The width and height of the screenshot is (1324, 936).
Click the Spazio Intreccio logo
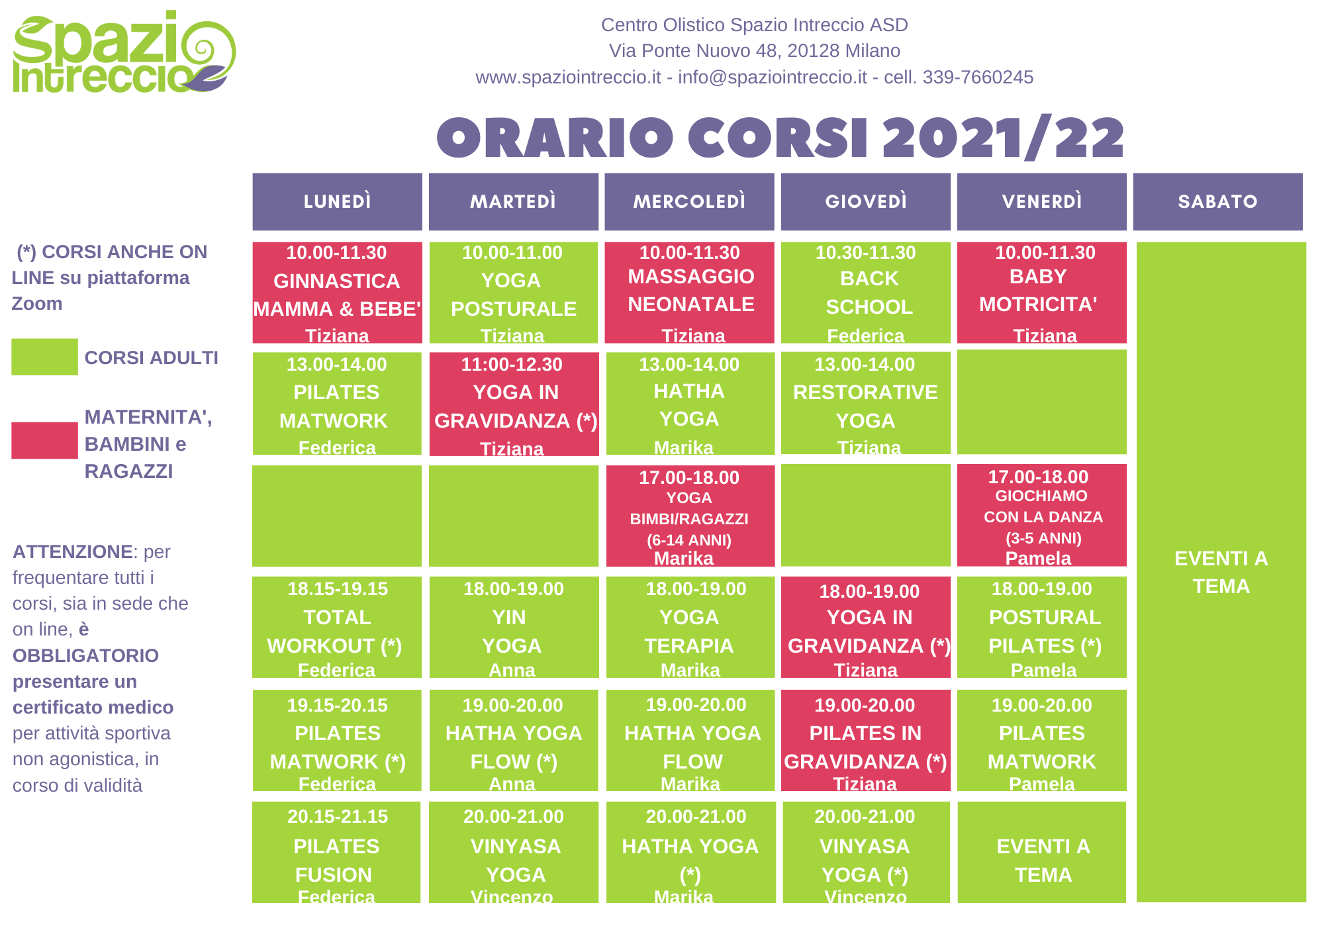tap(124, 52)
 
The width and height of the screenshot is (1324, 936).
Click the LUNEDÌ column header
tap(337, 202)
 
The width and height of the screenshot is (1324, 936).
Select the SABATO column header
tap(1217, 202)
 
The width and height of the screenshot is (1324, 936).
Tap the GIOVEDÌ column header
tap(865, 202)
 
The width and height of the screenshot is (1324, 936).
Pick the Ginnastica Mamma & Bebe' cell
tap(337, 293)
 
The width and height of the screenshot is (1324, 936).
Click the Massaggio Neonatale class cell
tap(689, 293)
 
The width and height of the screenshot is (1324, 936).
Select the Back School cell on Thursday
tap(865, 293)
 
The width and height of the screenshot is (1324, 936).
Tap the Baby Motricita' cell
tap(1042, 293)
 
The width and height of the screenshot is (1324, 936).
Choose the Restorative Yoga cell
tap(865, 403)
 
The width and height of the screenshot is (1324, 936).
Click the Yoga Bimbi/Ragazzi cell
tap(690, 516)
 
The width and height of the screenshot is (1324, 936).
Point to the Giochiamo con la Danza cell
tap(1042, 515)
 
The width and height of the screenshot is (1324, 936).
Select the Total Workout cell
tap(337, 627)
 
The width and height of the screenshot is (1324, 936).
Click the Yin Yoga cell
tap(514, 627)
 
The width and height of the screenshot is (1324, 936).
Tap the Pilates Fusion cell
tap(336, 852)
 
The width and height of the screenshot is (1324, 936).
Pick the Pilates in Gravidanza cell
tap(865, 740)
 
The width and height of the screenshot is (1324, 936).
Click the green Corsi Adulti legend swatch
tap(44, 357)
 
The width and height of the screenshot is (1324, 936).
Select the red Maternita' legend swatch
tap(44, 440)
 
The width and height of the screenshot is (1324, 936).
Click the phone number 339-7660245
tap(978, 77)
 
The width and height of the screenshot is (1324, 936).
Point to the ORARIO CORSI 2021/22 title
tap(780, 138)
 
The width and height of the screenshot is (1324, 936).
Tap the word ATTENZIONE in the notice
tap(73, 551)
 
